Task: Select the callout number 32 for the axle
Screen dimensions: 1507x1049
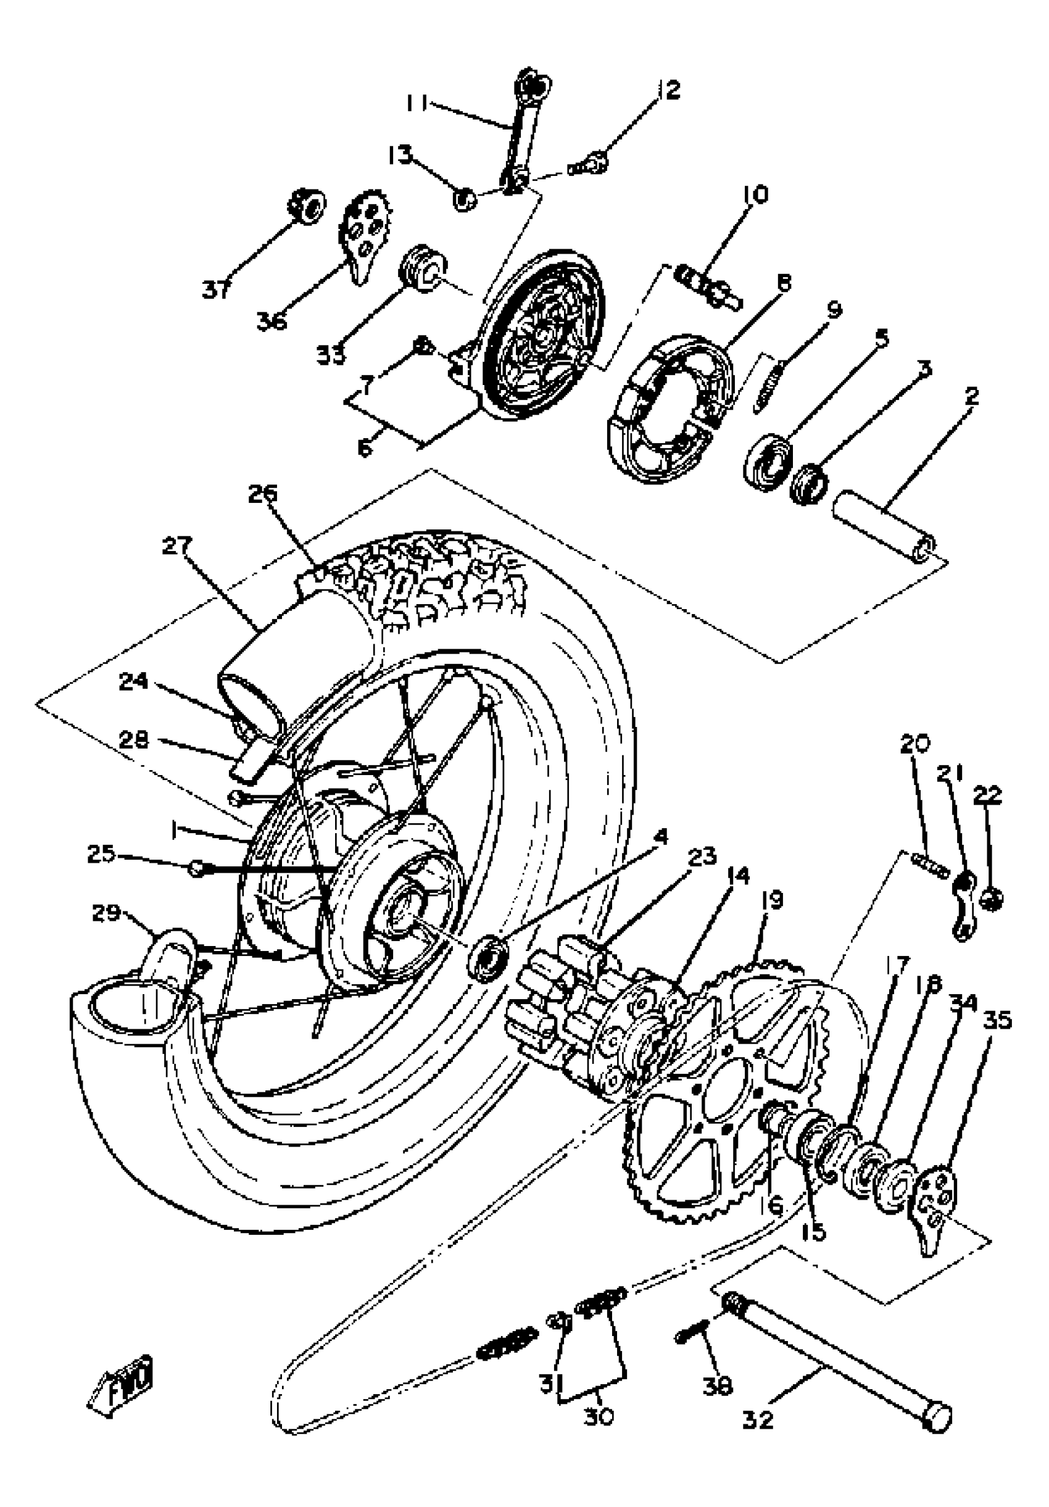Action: click(758, 1420)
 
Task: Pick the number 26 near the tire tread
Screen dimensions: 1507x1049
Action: click(263, 494)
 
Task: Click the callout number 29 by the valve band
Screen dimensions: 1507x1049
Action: click(106, 913)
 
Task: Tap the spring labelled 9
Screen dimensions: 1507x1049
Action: click(768, 388)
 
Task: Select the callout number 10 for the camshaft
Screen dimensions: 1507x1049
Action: click(755, 195)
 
